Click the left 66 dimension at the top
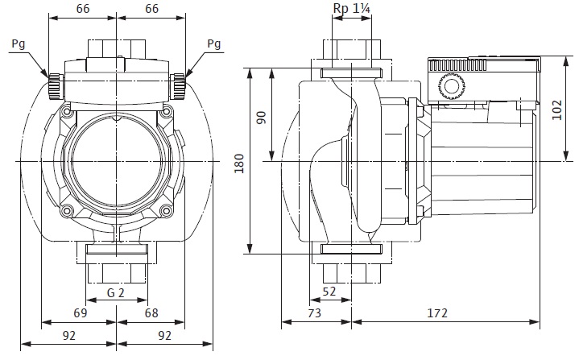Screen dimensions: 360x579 82,9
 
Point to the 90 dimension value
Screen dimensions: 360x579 260,117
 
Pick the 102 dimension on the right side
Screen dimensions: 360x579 558,109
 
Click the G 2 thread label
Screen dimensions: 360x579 117,292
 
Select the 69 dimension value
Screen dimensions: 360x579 80,313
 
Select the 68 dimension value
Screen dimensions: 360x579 152,313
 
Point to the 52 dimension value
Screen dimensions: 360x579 329,292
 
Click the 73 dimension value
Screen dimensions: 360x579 315,313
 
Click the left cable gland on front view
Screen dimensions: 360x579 55,83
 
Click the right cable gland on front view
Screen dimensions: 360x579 180,83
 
